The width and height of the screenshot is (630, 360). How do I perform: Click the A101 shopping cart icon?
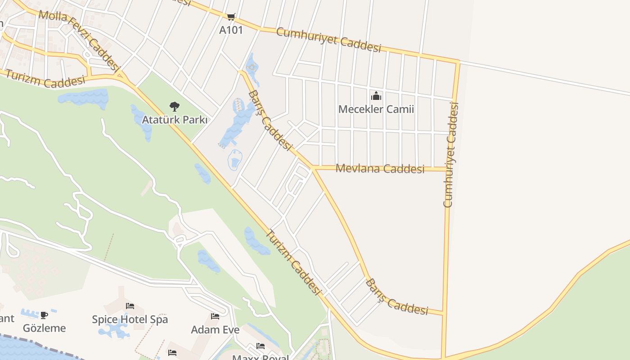(x=231, y=17)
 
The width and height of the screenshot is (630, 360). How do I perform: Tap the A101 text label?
(x=231, y=30)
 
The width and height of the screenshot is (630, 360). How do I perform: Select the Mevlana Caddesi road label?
(x=380, y=169)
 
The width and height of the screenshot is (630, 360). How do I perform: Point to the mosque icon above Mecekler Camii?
(x=376, y=96)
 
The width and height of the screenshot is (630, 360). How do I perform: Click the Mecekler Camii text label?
(x=376, y=109)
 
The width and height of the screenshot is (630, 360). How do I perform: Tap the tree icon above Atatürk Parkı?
(x=175, y=107)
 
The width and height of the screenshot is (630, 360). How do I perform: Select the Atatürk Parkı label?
(x=175, y=120)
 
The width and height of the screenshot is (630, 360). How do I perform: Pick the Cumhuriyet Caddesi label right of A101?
(x=328, y=40)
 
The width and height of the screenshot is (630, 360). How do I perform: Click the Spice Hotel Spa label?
(x=130, y=319)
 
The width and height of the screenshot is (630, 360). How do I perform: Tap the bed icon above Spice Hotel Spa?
(x=130, y=306)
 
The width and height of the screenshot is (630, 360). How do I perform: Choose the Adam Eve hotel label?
(x=215, y=330)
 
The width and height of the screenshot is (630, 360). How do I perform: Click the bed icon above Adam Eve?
(x=215, y=316)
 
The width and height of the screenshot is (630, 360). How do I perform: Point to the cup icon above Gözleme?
(x=44, y=315)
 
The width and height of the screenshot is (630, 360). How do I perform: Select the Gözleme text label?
(x=44, y=328)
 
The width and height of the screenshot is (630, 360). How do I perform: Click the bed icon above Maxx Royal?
(x=261, y=346)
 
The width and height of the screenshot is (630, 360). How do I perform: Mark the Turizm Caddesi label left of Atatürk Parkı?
(x=45, y=81)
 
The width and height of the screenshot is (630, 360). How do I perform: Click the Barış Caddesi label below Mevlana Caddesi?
(x=396, y=297)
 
